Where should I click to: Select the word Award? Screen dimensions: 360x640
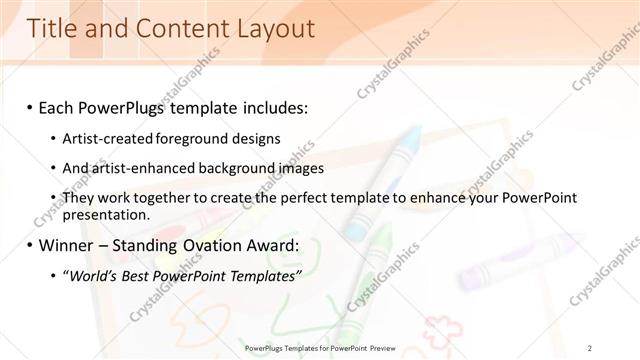tap(288, 244)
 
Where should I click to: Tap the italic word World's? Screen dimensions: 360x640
tap(94, 275)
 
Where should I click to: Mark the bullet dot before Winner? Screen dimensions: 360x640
tap(31, 244)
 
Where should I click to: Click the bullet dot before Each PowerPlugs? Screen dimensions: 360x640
tap(31, 105)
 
